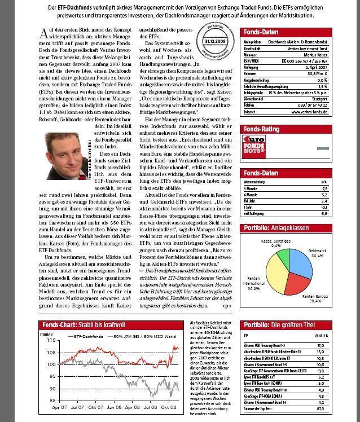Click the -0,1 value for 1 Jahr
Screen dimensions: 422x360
pyautogui.click(x=339, y=207)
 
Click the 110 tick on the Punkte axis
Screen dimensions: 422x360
pyautogui.click(x=50, y=341)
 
